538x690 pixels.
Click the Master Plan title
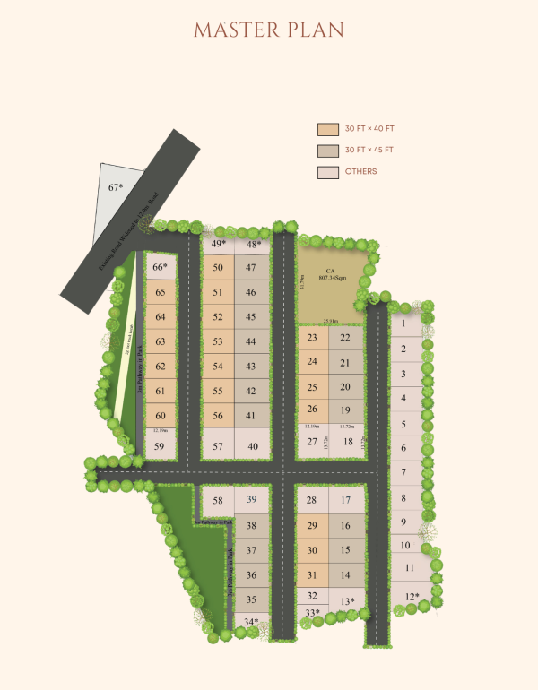pos(269,29)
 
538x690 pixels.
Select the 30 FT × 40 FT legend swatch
pos(327,129)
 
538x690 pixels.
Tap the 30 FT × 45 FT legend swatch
pos(327,151)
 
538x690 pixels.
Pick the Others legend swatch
pos(327,172)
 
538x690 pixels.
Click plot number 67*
pos(116,187)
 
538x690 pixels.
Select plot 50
pos(218,267)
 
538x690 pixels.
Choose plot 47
pos(251,267)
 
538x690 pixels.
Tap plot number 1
pos(404,323)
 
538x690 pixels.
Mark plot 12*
pos(412,597)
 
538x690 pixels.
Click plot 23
pos(312,338)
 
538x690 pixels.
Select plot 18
pos(347,441)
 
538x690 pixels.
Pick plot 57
pos(218,446)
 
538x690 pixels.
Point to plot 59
pos(161,446)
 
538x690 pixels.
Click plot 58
pos(218,500)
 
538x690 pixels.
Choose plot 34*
pos(251,621)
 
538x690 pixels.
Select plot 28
pos(312,500)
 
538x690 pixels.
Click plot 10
pos(404,545)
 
